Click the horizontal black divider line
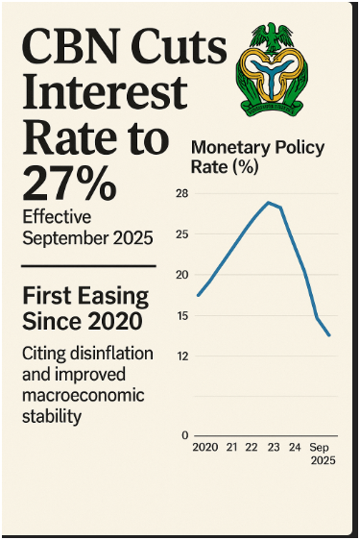87,266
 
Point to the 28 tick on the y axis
182,194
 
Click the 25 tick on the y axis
182,234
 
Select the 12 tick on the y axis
182,356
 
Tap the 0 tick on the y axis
184,436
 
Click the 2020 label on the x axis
205,449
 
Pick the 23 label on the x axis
273,449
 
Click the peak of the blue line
269,203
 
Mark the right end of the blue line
329,335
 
